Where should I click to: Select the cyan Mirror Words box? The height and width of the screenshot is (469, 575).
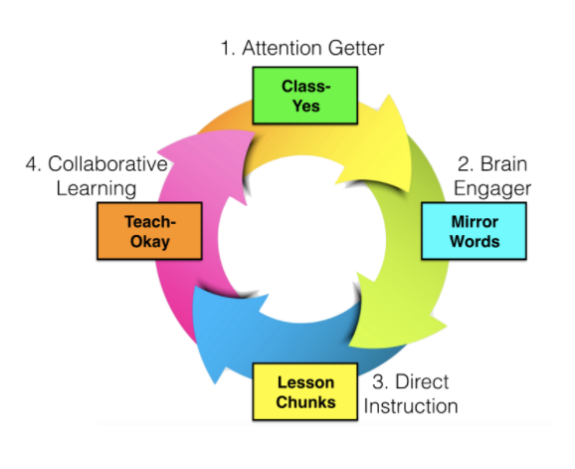[x=474, y=230]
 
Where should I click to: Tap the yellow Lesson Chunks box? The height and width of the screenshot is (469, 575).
[x=305, y=391]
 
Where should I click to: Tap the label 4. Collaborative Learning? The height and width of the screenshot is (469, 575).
[x=95, y=175]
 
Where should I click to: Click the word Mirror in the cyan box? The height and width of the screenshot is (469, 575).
[x=474, y=220]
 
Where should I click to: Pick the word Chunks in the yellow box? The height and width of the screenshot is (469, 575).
[x=305, y=402]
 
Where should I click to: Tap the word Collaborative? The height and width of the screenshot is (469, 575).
[x=105, y=163]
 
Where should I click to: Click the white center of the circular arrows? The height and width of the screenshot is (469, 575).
[x=299, y=240]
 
